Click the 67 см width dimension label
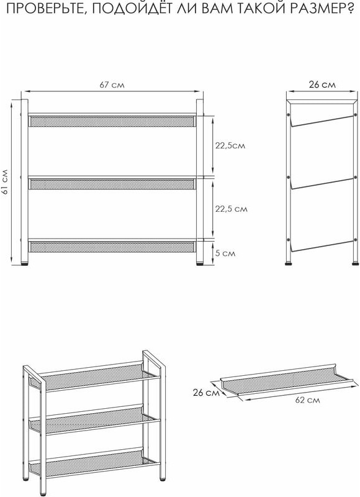112,85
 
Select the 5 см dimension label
225,253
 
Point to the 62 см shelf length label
307,400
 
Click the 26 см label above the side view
322,84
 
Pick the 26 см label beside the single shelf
206,393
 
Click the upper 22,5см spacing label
230,145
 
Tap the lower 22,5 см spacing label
232,209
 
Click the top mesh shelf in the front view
111,121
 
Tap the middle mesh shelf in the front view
111,184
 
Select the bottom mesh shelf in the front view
111,247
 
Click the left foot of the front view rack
24,263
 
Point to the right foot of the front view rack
199,263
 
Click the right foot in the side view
355,262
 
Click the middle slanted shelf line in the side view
322,183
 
